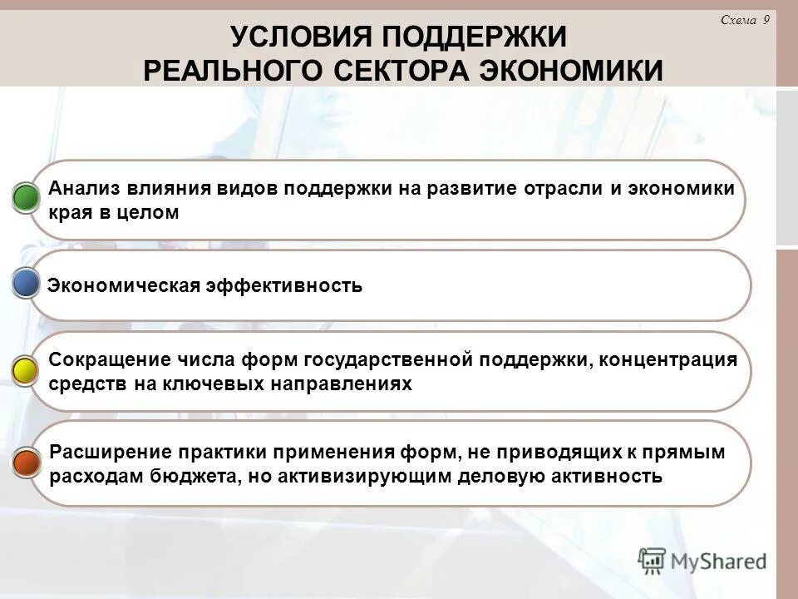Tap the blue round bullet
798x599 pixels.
(27, 284)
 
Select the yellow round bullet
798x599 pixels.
(27, 371)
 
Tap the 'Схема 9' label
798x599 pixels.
(745, 22)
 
